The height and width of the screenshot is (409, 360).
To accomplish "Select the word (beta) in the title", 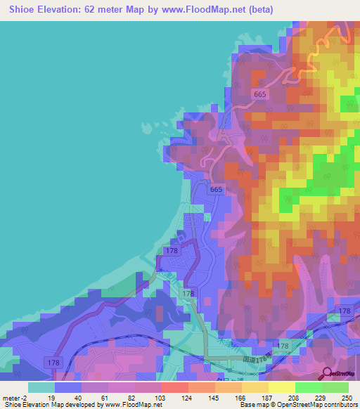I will [x=259, y=10].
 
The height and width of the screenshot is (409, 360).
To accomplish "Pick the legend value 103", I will [x=161, y=397].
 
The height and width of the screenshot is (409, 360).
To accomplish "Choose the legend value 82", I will [x=134, y=397].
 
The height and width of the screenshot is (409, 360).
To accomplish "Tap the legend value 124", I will [x=188, y=397].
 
